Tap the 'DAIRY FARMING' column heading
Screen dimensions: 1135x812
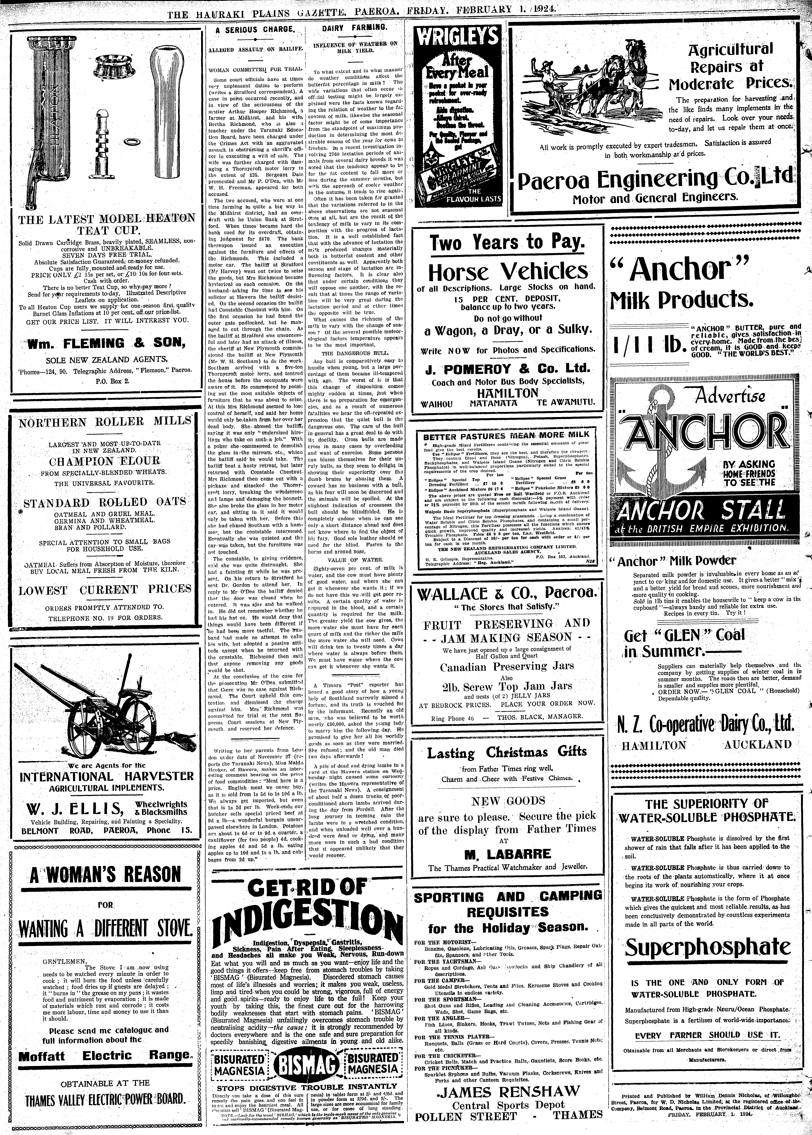click(354, 28)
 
